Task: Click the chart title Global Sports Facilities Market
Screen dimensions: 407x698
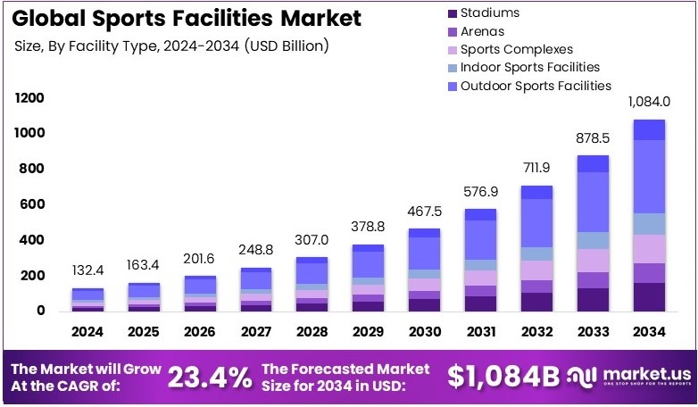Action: pos(187,18)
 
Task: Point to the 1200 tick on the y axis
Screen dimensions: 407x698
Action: pos(30,97)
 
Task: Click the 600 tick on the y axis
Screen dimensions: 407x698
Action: pos(33,204)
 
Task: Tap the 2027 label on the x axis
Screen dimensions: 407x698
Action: pos(257,331)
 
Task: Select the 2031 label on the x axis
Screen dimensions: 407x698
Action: pos(480,331)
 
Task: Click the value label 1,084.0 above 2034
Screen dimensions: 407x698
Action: pos(649,103)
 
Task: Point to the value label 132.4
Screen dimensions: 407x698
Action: pos(89,270)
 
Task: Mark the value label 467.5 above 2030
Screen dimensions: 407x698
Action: pos(425,211)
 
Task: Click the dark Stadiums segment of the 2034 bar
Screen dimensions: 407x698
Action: pos(649,296)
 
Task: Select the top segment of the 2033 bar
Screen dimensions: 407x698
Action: pos(593,163)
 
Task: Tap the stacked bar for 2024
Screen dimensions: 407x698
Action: pos(88,300)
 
